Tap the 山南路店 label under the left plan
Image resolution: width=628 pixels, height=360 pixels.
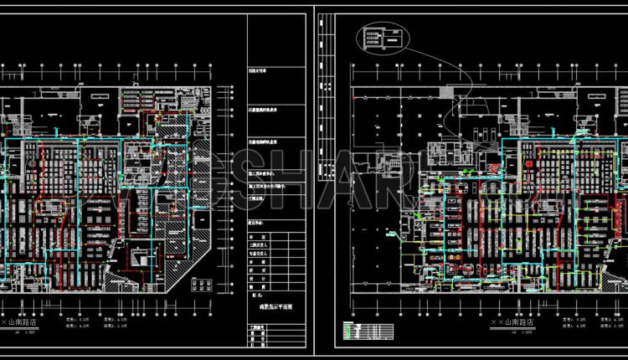tap(26, 321)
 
